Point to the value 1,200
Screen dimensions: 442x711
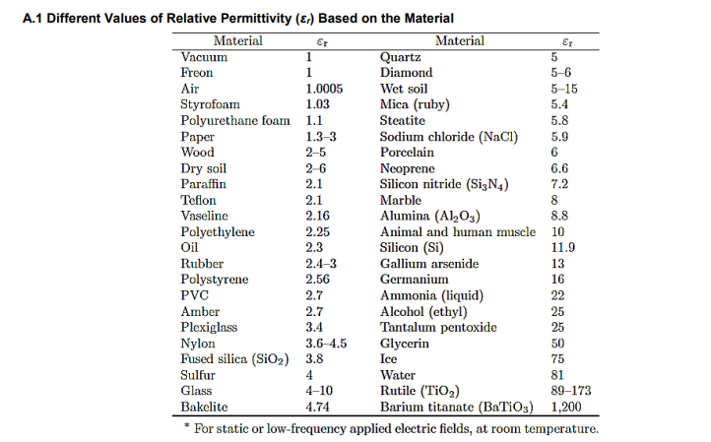(x=567, y=406)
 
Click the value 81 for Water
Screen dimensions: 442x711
(x=558, y=374)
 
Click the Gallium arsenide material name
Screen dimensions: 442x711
(x=429, y=264)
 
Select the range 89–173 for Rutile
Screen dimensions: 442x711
(x=571, y=390)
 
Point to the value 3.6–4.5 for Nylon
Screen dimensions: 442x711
(x=327, y=343)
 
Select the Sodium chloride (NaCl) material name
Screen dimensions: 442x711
(x=449, y=136)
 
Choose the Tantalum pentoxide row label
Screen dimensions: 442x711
(x=438, y=327)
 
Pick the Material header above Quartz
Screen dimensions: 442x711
(x=459, y=41)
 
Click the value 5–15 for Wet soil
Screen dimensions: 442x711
(x=564, y=89)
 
